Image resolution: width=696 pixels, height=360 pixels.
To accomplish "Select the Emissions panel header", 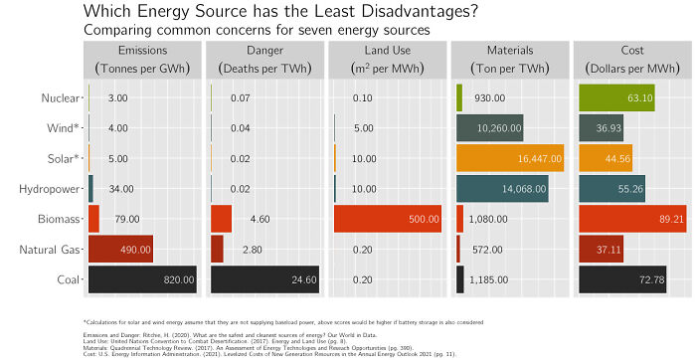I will coord(141,59).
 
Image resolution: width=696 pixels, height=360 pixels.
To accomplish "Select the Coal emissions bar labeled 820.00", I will coord(142,279).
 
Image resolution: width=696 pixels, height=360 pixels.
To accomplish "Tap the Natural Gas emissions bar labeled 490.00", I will coord(120,249).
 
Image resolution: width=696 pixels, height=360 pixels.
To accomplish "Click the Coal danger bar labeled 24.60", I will coord(265,279).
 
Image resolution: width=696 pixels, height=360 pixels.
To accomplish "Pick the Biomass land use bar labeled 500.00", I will coord(388,219).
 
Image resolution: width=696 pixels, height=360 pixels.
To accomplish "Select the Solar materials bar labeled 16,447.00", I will coord(509,158).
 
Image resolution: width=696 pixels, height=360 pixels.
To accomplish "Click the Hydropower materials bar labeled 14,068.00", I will coord(502,188).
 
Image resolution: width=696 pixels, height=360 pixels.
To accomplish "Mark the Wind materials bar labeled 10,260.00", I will coord(490,128).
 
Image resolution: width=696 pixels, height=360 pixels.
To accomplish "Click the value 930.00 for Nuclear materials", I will coord(490,98).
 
